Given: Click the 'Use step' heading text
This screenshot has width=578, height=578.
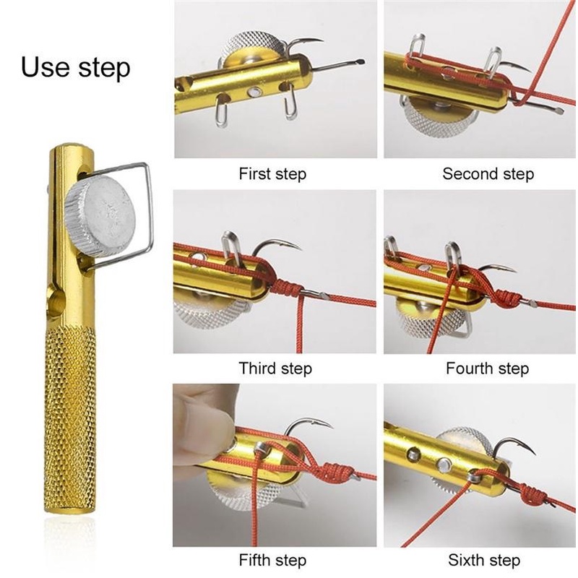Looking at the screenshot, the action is [x=76, y=67].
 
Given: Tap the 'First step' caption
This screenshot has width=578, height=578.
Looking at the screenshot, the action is [x=272, y=173].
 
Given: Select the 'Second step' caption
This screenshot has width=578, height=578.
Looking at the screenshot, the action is [x=488, y=173].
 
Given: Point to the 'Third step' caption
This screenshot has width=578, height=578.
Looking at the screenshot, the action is [x=275, y=368].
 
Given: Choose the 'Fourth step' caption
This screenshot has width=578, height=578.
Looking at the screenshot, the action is [x=487, y=368].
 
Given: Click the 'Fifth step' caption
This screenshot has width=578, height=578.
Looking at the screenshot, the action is [x=272, y=560].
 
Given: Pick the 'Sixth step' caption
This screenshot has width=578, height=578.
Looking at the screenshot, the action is [x=484, y=560].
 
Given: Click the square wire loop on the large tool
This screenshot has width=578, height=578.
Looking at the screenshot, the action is [x=150, y=207].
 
